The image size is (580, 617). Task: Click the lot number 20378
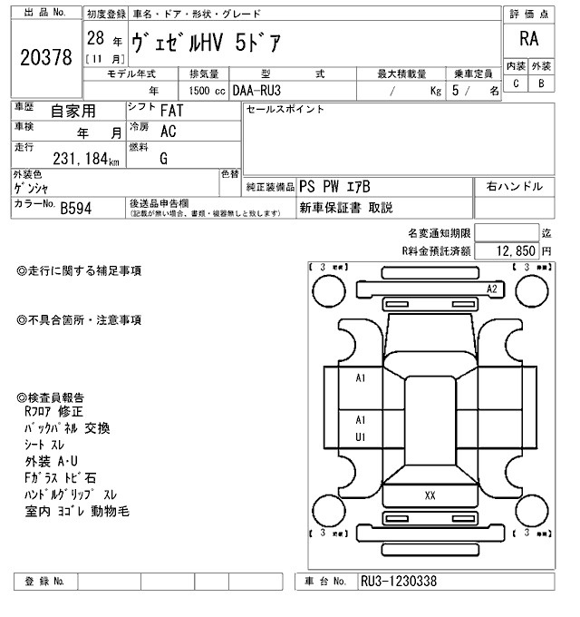point(45,58)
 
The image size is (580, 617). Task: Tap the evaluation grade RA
point(528,38)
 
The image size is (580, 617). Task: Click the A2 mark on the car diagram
point(492,289)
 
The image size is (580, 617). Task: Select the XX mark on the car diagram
point(430,495)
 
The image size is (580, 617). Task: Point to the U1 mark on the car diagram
point(360,436)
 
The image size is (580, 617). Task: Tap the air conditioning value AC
point(168,131)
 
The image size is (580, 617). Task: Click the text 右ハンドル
point(514,186)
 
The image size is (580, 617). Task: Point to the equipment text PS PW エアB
point(336,186)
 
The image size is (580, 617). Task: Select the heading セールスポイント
point(285,110)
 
